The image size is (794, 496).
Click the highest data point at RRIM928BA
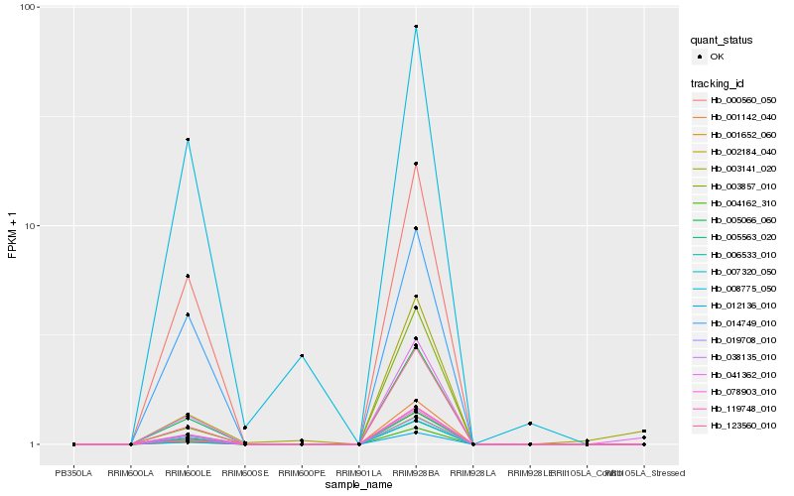click(416, 27)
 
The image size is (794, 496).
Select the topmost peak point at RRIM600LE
click(188, 140)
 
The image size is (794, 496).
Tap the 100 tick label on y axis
click(29, 7)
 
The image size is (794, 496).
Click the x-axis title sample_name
click(358, 484)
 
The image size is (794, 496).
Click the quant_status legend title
click(723, 40)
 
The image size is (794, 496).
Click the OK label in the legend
click(718, 57)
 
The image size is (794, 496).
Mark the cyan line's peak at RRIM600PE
click(302, 355)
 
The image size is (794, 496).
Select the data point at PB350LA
click(73, 444)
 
